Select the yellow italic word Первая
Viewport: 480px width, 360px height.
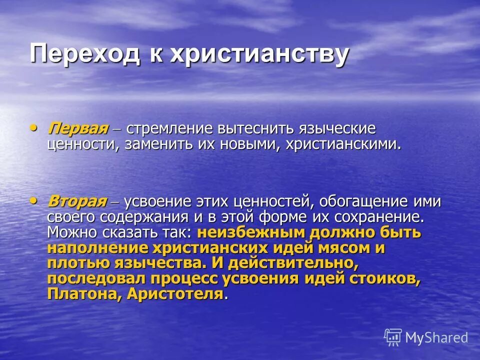click(x=78, y=128)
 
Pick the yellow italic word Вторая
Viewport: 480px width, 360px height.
click(x=77, y=201)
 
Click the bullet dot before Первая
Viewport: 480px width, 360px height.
click(x=33, y=127)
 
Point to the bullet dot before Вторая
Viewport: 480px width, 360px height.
click(x=33, y=200)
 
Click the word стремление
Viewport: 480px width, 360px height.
click(x=169, y=129)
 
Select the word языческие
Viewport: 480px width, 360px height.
click(x=335, y=129)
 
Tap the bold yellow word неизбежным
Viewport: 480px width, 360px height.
click(x=253, y=233)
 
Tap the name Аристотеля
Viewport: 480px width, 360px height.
click(x=174, y=294)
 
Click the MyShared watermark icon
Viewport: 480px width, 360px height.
click(x=393, y=337)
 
